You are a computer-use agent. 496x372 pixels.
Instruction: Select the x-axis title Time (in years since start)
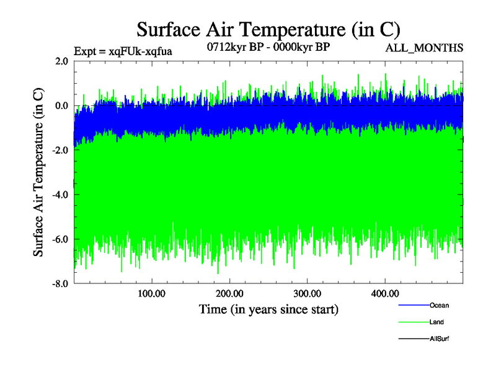click(268, 308)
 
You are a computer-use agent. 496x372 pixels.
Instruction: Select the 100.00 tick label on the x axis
click(152, 294)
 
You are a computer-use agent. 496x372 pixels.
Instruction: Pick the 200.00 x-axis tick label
click(229, 294)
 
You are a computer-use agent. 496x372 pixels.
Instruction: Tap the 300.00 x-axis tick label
click(307, 294)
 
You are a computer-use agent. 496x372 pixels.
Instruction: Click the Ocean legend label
click(439, 306)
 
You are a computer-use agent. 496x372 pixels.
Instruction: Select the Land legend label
click(436, 322)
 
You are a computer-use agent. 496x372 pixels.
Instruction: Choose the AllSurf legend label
click(440, 339)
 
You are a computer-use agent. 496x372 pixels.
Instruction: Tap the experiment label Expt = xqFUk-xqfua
click(123, 51)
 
